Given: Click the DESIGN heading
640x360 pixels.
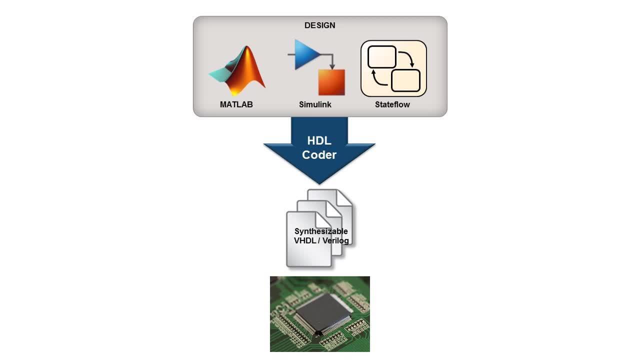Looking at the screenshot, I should click(320, 25).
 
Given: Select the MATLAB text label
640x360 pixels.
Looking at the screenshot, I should click(236, 104).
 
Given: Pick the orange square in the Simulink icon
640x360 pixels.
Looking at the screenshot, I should click(331, 82).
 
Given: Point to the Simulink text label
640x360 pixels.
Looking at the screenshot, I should click(315, 104).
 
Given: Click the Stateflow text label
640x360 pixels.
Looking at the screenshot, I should click(392, 104).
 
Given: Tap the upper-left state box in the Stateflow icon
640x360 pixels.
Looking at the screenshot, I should click(382, 57).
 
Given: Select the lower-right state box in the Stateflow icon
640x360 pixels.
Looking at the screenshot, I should click(405, 80).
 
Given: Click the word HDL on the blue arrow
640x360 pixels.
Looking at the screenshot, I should click(319, 141).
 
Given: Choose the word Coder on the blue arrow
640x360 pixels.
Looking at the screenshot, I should click(319, 155).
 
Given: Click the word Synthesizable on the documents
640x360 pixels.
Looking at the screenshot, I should click(321, 231).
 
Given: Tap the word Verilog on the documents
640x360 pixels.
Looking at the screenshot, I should click(335, 240).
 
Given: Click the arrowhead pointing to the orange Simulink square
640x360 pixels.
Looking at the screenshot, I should click(331, 66).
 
